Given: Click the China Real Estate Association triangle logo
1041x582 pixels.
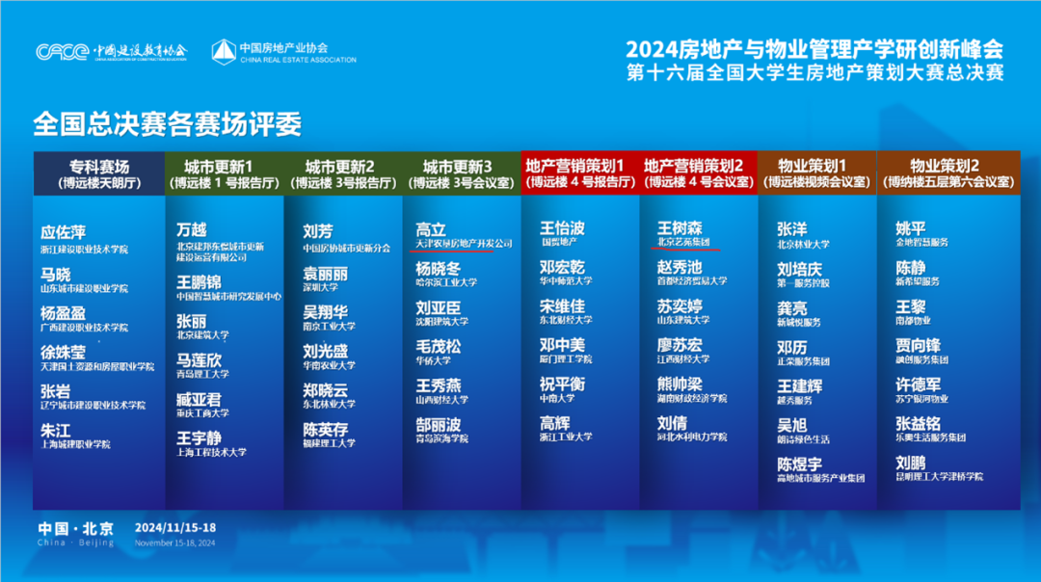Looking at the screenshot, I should (x=224, y=51).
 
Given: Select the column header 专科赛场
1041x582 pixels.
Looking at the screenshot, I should (x=99, y=172).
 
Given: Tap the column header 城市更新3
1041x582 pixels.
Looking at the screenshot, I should (x=462, y=172).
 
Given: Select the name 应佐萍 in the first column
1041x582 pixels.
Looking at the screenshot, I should (x=64, y=232).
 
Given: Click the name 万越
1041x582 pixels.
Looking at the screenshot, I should (x=191, y=230).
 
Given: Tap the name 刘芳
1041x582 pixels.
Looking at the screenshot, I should (x=317, y=230).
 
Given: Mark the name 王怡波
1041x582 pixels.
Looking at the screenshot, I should (x=562, y=228).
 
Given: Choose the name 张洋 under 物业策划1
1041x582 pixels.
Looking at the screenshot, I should (x=791, y=229).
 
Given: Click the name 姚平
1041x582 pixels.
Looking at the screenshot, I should (x=911, y=228).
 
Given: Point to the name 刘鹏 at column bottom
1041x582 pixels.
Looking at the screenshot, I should (x=911, y=462).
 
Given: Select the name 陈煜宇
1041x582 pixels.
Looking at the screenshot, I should (x=800, y=463).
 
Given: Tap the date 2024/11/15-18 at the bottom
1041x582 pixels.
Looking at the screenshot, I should (x=175, y=528).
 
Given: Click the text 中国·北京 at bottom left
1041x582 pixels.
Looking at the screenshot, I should (x=75, y=528).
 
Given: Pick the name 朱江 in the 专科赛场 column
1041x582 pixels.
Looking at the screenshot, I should (x=55, y=429).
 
